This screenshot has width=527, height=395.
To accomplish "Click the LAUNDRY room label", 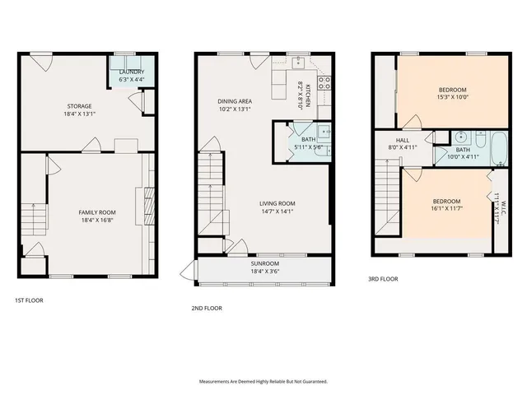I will (132, 72).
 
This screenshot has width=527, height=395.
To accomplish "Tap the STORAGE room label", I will (79, 106).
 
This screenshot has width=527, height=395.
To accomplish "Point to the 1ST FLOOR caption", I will (29, 300).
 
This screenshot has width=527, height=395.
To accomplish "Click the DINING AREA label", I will (234, 101).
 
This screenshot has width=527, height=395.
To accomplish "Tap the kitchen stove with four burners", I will (324, 81).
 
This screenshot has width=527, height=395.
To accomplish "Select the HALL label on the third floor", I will (403, 141).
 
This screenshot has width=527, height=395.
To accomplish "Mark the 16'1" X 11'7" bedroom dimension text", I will (446, 210).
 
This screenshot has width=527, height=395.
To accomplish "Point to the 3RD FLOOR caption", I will (383, 279).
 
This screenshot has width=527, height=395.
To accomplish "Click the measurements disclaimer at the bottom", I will (263, 382).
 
